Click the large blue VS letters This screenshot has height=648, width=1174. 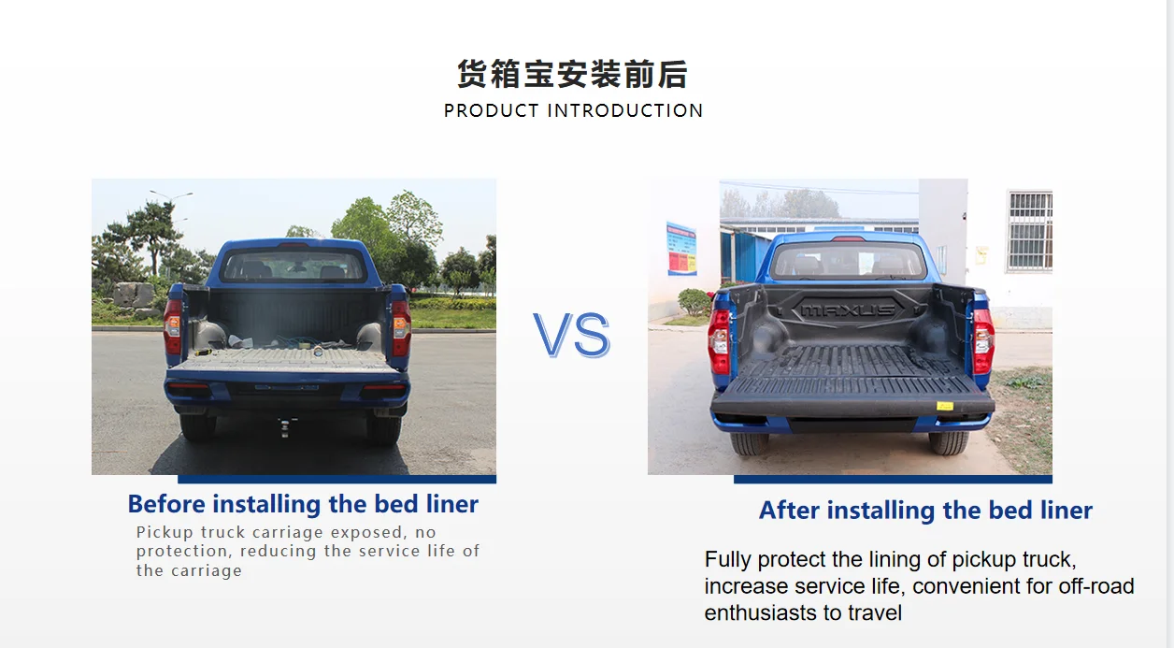[x=571, y=335]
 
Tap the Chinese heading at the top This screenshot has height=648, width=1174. [x=572, y=74]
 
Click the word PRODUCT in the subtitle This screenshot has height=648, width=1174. [x=492, y=110]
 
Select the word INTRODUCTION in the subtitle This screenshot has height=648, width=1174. [x=625, y=110]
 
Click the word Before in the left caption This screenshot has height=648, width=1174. [x=166, y=504]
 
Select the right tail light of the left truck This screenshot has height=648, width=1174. [x=400, y=326]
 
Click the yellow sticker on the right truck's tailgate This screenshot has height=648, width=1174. [x=945, y=406]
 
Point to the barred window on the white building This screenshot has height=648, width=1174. [x=1029, y=230]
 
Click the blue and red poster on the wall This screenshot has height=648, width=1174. [x=680, y=249]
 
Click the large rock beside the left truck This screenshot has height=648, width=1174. [x=133, y=295]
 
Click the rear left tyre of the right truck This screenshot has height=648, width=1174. [x=749, y=441]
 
